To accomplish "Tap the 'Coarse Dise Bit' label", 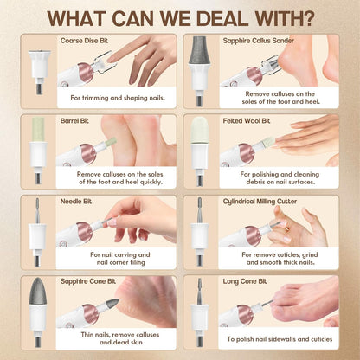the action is point(84,41).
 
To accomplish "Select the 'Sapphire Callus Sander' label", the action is point(259,41).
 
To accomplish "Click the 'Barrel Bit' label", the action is point(74,121).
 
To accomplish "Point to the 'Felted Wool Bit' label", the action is point(247,121).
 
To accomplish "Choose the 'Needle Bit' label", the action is point(76,202).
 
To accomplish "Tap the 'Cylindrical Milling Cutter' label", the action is point(260,202).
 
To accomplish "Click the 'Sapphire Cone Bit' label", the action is point(88,281).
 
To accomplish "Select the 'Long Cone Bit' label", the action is point(245,281).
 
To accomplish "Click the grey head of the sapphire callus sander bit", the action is point(199,50).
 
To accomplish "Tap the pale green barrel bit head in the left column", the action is point(38,129).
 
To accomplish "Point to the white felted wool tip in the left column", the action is point(199,130).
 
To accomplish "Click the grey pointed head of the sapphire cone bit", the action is point(38,292).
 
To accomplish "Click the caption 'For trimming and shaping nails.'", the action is point(118,98).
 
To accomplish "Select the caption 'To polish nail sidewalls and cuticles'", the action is point(280,339).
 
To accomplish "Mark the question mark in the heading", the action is point(305,18).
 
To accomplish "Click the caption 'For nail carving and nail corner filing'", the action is point(120,259).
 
